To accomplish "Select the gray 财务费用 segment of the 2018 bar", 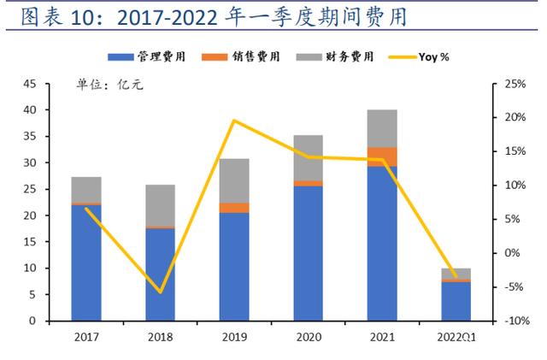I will pyautogui.click(x=160, y=205).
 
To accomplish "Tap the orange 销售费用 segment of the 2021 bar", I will pyautogui.click(x=382, y=156).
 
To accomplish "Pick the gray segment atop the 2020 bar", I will pyautogui.click(x=308, y=157).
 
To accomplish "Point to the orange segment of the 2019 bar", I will pyautogui.click(x=233, y=208).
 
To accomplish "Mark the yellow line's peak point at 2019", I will pyautogui.click(x=233, y=121).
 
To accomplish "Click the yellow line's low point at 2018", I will pyautogui.click(x=160, y=292).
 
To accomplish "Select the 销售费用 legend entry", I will pyautogui.click(x=242, y=56).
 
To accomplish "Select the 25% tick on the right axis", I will pyautogui.click(x=515, y=84).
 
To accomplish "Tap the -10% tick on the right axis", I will pyautogui.click(x=514, y=321).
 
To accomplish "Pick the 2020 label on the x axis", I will pyautogui.click(x=308, y=337).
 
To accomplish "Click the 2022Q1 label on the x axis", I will pyautogui.click(x=456, y=337).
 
